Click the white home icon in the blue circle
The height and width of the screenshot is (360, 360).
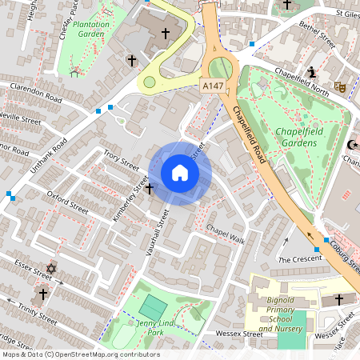point(180,173)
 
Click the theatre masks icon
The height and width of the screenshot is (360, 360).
point(339,86)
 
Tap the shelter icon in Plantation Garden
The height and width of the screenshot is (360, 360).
point(75,73)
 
